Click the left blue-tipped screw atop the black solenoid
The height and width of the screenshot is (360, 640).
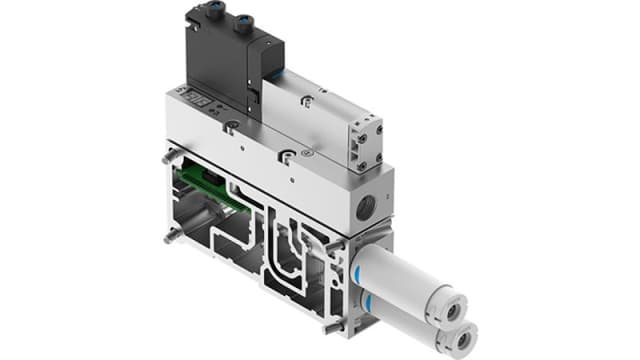[x=218, y=17]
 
